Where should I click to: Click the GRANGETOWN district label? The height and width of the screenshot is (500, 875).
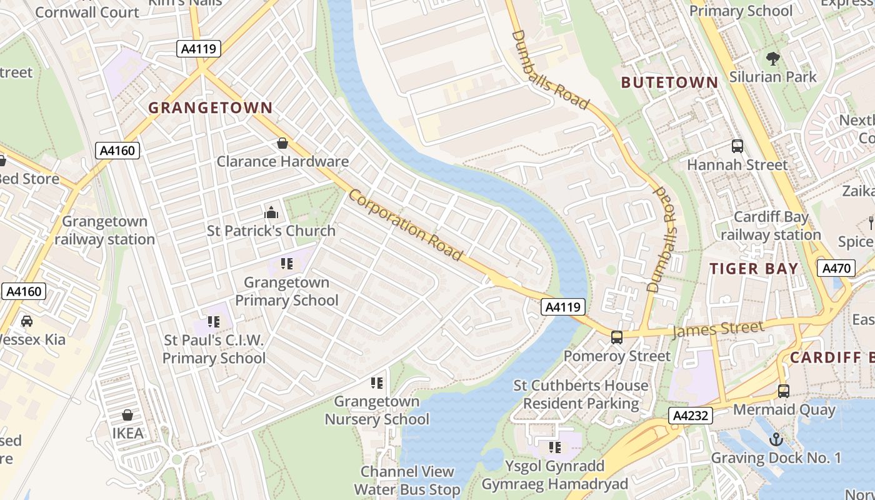[x=210, y=107]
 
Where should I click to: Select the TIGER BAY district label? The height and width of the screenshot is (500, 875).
[x=754, y=269]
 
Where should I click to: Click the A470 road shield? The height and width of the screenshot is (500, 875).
[x=836, y=269]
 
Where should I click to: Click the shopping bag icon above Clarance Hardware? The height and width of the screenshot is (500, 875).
[x=282, y=143]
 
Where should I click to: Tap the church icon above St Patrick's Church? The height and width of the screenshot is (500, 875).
[x=271, y=212]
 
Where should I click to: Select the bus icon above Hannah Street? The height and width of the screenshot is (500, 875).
[x=737, y=146]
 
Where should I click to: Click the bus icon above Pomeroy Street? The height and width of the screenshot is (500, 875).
[x=617, y=337]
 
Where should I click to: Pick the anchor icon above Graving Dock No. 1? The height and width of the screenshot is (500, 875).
[x=776, y=439]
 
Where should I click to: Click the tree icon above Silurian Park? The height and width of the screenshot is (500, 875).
[x=773, y=59]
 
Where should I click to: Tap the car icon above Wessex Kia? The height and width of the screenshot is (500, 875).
[x=27, y=321]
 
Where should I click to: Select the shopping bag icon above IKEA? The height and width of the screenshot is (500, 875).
[x=127, y=415]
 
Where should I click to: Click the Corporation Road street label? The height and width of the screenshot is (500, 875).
[x=406, y=225]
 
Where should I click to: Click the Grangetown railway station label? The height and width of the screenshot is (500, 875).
[x=105, y=230]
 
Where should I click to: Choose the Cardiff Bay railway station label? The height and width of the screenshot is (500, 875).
[x=771, y=226]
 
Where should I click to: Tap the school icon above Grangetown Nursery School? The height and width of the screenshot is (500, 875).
[x=376, y=382]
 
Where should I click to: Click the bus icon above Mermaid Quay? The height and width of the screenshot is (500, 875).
[x=784, y=391]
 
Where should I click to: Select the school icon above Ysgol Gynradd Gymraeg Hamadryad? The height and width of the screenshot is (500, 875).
[x=554, y=447]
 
